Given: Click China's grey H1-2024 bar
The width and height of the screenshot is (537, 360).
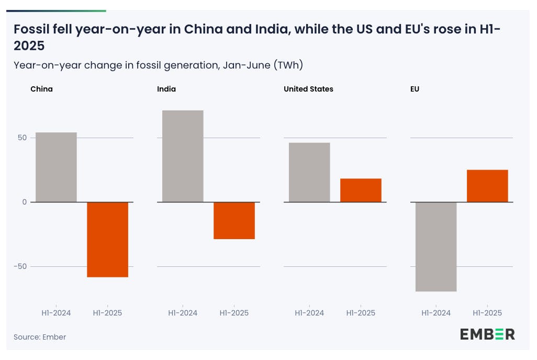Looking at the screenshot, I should click(56, 167).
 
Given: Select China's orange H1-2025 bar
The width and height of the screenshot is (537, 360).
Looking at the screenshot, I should click(107, 239).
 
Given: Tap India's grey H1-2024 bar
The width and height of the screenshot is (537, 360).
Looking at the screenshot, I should click(183, 156).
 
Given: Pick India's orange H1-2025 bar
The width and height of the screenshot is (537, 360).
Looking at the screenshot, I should click(234, 220).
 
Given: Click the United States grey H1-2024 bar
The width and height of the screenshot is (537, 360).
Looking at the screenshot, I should click(309, 172).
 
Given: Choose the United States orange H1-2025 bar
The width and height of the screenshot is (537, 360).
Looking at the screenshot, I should click(361, 190).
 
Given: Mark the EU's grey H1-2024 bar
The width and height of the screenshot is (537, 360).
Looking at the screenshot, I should click(436, 246).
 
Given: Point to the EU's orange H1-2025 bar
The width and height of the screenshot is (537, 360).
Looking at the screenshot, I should click(487, 186).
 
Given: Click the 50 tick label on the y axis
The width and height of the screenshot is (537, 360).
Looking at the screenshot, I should click(22, 138).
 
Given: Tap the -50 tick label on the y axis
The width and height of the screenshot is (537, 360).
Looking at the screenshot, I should click(20, 266).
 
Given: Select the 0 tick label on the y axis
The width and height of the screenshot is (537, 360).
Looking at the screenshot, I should click(24, 202).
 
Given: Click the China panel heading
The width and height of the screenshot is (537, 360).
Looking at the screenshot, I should click(41, 89).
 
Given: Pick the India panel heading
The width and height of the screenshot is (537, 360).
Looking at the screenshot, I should click(166, 89).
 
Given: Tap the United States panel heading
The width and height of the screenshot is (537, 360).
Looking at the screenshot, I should click(308, 89).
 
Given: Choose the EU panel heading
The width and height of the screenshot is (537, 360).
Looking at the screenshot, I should click(415, 89).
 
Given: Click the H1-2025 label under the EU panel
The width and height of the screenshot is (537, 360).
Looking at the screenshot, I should click(487, 313).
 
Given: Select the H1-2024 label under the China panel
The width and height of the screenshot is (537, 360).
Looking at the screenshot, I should click(56, 313).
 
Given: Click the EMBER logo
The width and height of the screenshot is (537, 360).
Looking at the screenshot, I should click(487, 334).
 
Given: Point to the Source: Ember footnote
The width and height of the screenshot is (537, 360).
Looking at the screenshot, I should click(40, 337).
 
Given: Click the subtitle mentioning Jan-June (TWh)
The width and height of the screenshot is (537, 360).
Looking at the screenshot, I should click(158, 65).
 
